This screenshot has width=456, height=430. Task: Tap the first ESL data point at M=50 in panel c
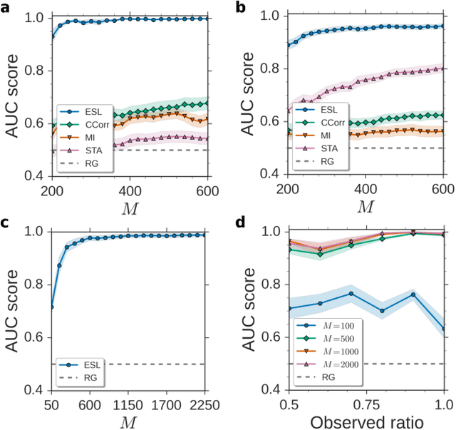point(51,307)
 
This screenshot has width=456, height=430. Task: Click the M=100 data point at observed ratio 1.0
point(445,329)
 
